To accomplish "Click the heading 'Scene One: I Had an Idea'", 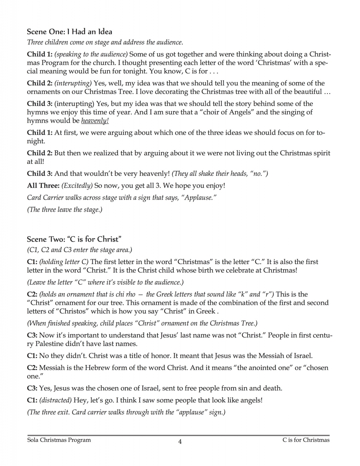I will click(69, 31).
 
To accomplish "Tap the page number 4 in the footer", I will click(180, 441).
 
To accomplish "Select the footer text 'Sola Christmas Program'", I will click(59, 440).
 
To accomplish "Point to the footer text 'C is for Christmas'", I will click(306, 440).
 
